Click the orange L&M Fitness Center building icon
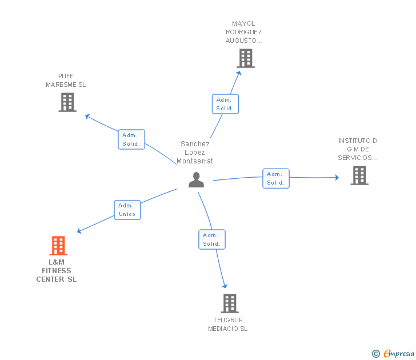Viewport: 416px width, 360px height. [x=58, y=246]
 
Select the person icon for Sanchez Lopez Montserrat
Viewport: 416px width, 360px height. [x=196, y=179]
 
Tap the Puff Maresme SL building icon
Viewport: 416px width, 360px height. [x=67, y=102]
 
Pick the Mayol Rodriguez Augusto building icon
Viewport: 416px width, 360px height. [x=246, y=58]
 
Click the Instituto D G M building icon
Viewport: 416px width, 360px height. [x=359, y=175]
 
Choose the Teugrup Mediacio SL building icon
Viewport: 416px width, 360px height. [x=229, y=303]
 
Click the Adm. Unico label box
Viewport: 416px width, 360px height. [x=127, y=210]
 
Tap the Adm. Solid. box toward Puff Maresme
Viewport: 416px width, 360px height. [x=132, y=139]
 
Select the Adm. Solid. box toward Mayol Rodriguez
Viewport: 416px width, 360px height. [x=225, y=104]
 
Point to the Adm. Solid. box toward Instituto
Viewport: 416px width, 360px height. [x=276, y=178]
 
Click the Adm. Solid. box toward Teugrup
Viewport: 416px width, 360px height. [x=211, y=239]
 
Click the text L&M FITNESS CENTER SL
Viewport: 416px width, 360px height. [x=57, y=271]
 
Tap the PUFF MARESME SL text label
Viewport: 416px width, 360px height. [x=66, y=81]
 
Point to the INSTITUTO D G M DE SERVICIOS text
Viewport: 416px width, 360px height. [x=358, y=149]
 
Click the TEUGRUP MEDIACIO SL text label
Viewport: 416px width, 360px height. [x=228, y=325]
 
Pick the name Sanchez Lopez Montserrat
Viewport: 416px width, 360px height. [x=195, y=153]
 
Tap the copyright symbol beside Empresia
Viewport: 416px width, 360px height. [x=376, y=354]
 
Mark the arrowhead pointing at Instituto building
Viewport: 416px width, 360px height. [x=336, y=178]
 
